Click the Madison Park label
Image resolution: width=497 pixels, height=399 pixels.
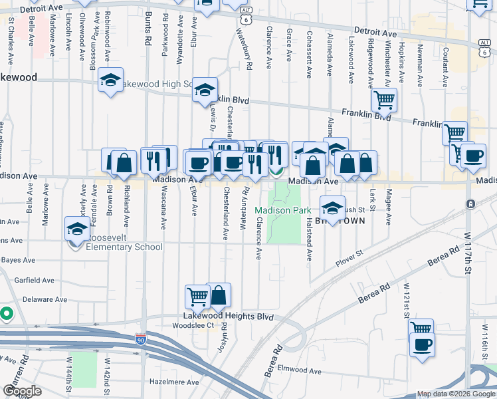(x=282, y=210)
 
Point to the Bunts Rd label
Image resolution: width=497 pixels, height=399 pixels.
(x=148, y=31)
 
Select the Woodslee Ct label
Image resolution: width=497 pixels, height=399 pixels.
(x=193, y=326)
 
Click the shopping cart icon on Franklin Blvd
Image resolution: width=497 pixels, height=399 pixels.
(x=384, y=100)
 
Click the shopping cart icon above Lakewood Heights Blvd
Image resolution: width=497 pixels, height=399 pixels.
(x=197, y=297)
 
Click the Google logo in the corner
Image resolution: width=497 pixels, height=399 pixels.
(x=22, y=391)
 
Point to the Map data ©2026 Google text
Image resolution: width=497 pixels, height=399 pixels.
(x=455, y=394)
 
